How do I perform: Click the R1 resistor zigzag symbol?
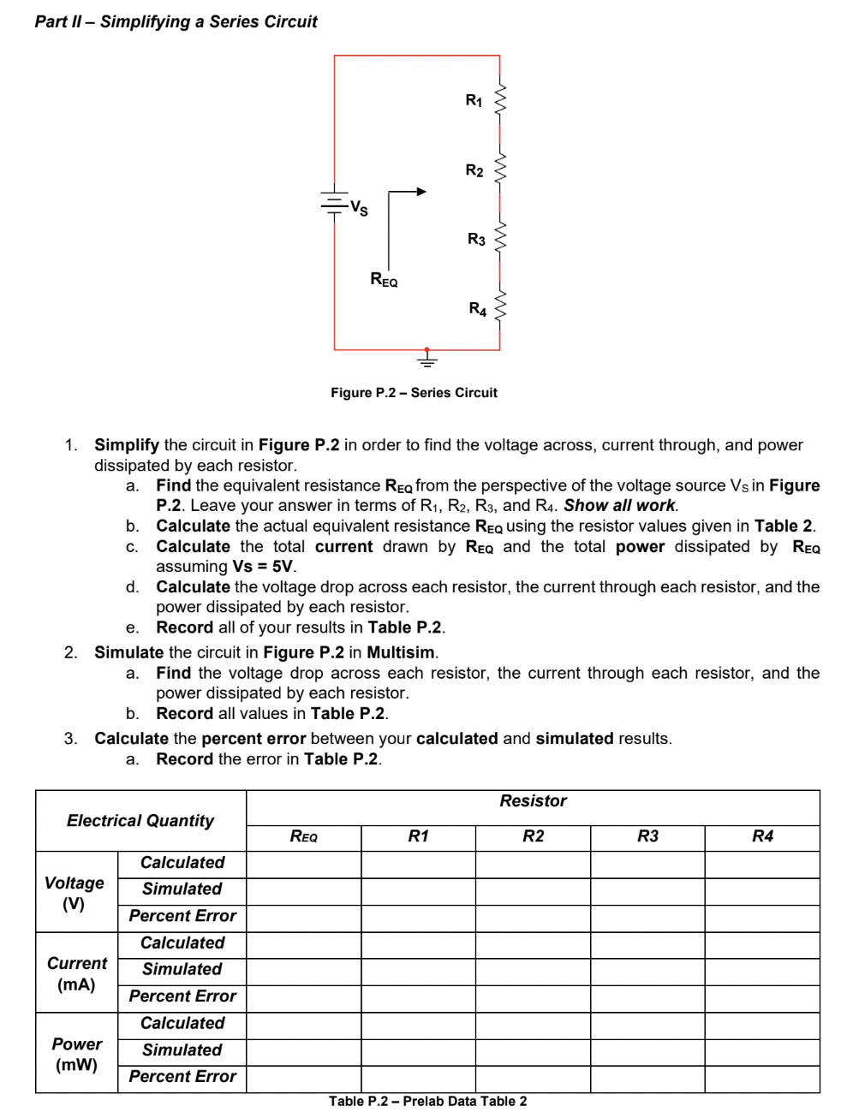pos(500,102)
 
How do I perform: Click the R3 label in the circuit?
pos(476,240)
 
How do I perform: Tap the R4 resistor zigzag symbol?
pos(500,307)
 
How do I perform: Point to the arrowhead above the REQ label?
pos(420,192)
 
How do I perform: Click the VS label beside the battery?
pos(360,207)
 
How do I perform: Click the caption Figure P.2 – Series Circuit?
pos(414,393)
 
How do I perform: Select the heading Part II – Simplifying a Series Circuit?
pos(176,21)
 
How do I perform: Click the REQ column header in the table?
pos(303,837)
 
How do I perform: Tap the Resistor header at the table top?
pos(533,801)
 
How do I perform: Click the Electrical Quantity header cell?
pos(140,820)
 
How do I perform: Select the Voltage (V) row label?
pos(75,893)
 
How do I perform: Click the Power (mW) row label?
pos(76,1054)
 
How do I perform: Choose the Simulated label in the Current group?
pos(182,969)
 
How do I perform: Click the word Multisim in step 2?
pos(401,652)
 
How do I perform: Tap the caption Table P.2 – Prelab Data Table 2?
pos(427,1101)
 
